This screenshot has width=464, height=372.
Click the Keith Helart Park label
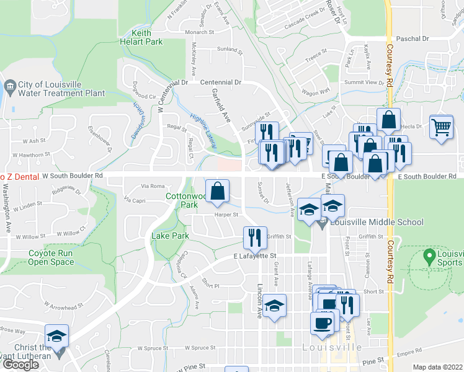pos(142,37)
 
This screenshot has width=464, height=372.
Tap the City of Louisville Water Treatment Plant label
pos(61,89)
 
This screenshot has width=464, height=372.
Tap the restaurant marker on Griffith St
pos(254,236)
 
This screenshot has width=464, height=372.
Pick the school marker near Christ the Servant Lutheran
pos(56,336)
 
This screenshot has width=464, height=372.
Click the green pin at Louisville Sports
pos(428,255)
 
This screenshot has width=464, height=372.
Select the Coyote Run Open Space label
pos(51,257)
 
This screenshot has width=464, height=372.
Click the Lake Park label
pos(170,236)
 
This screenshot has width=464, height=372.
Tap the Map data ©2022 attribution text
pos(437,367)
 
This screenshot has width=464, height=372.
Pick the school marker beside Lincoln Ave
pos(274,305)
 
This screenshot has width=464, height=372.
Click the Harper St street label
pos(226,215)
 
